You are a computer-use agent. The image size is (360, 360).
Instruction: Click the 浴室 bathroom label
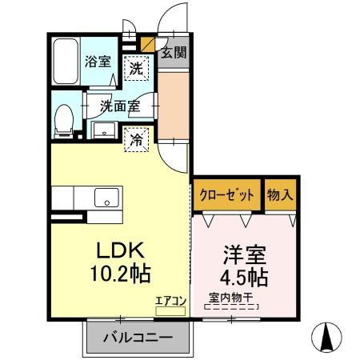tap(99, 61)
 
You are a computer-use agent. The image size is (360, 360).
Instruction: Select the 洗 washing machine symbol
tap(137, 69)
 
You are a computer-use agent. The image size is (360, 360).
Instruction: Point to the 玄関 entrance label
tap(174, 54)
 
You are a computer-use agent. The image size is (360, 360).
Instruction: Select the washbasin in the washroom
tap(103, 130)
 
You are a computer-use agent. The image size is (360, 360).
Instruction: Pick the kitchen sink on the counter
tap(105, 197)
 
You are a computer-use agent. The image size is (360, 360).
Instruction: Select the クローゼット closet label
tap(226, 194)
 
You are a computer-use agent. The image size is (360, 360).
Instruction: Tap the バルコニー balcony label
tap(138, 338)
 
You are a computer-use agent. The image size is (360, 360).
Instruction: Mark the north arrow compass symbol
tap(328, 336)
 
